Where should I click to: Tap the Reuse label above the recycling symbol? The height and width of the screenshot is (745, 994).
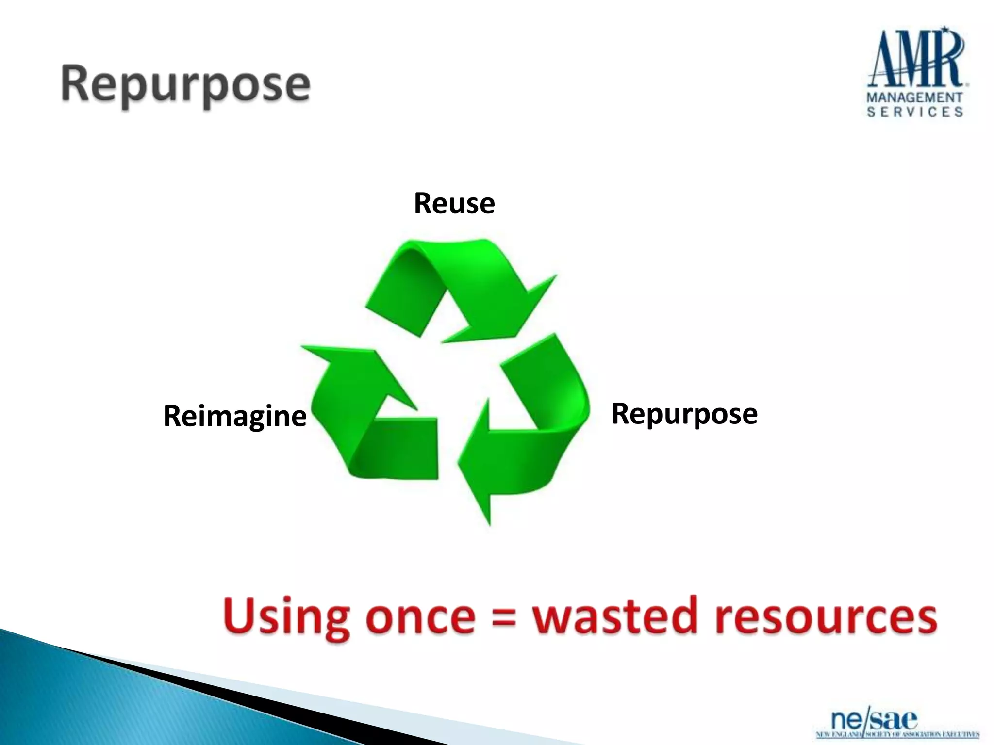click(454, 203)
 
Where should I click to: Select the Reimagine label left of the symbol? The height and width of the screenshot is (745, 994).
click(235, 416)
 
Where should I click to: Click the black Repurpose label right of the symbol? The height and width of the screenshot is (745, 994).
click(684, 414)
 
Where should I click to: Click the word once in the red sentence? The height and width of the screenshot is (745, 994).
click(420, 617)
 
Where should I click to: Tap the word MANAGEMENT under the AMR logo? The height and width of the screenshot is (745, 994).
click(914, 97)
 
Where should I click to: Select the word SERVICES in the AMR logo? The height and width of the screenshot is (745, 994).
click(914, 113)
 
